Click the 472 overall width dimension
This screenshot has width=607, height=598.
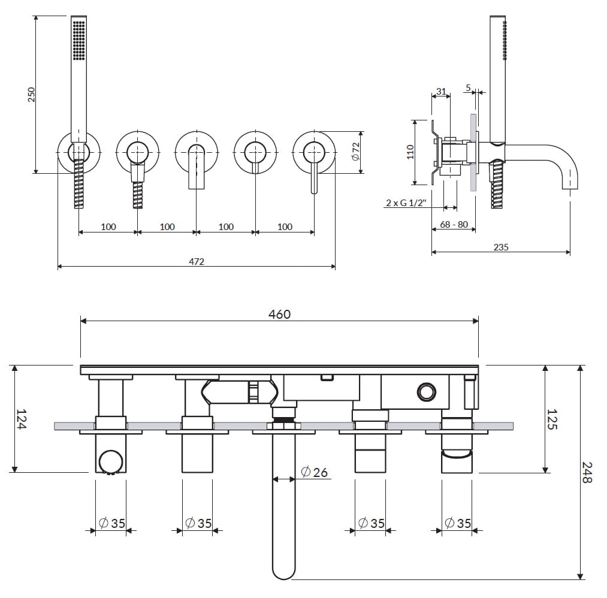point(197,261)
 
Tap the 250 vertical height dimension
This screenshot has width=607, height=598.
point(32,94)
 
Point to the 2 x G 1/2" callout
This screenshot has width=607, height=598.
point(406,203)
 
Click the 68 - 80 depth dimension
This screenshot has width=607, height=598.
point(454,225)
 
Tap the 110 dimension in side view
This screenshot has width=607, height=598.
point(410,151)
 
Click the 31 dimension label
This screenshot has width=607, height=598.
point(441,92)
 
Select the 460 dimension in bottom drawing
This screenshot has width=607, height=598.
point(279,314)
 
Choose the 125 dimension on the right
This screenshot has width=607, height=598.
point(552,419)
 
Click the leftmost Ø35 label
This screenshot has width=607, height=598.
point(111,523)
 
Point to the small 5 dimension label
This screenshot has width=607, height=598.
point(468,87)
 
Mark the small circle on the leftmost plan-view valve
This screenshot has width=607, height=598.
point(108,461)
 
